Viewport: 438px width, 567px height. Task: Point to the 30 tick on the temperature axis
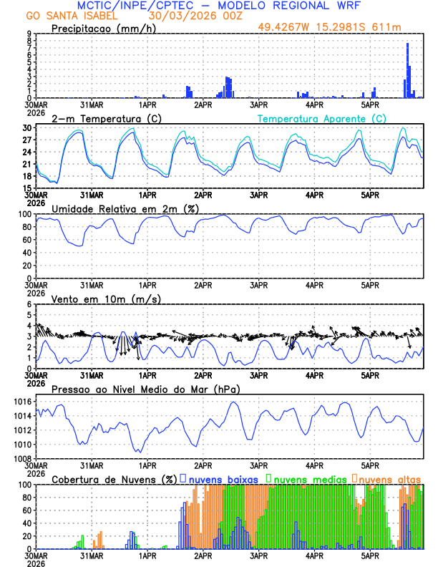coord(27,128)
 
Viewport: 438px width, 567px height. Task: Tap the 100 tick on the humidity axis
coord(24,214)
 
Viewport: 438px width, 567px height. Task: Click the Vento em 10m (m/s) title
coord(106,299)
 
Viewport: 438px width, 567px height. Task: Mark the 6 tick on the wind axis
coord(29,304)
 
